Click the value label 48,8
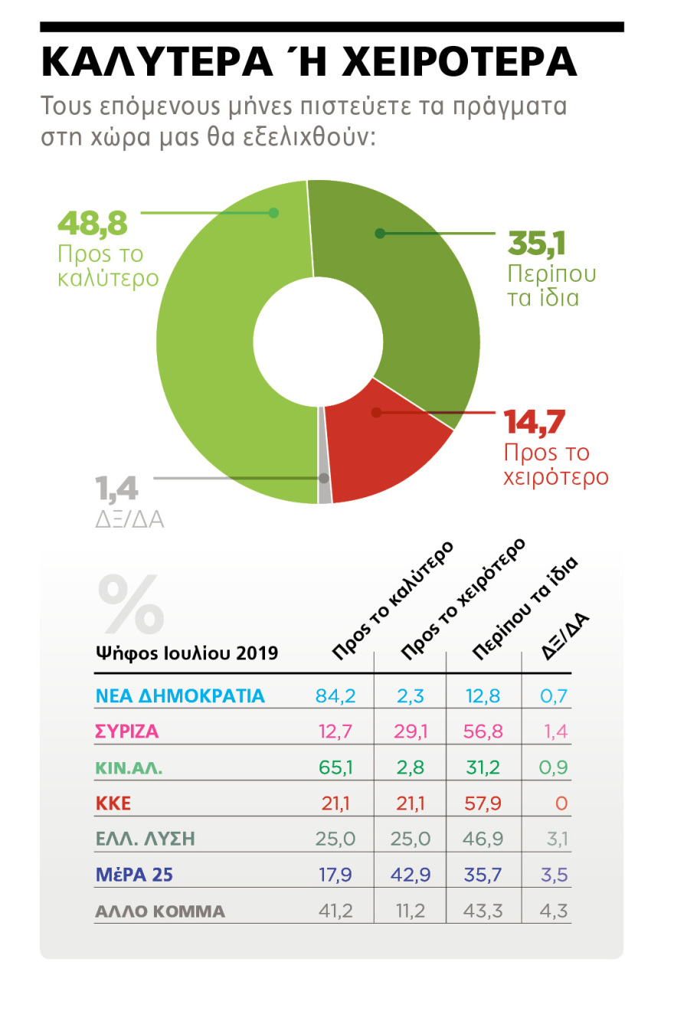(x=93, y=225)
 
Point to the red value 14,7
(x=535, y=422)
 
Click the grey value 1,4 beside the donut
(x=116, y=489)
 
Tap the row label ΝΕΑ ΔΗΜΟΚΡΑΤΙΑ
(x=179, y=695)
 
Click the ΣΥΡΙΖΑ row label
(x=127, y=731)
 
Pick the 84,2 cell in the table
(x=335, y=695)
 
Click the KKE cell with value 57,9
(x=484, y=803)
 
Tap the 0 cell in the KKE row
(x=561, y=803)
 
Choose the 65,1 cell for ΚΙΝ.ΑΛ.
(x=335, y=767)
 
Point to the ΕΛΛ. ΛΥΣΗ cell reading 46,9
(x=484, y=839)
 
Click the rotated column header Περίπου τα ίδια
(x=525, y=609)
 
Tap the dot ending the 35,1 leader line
(x=380, y=233)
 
